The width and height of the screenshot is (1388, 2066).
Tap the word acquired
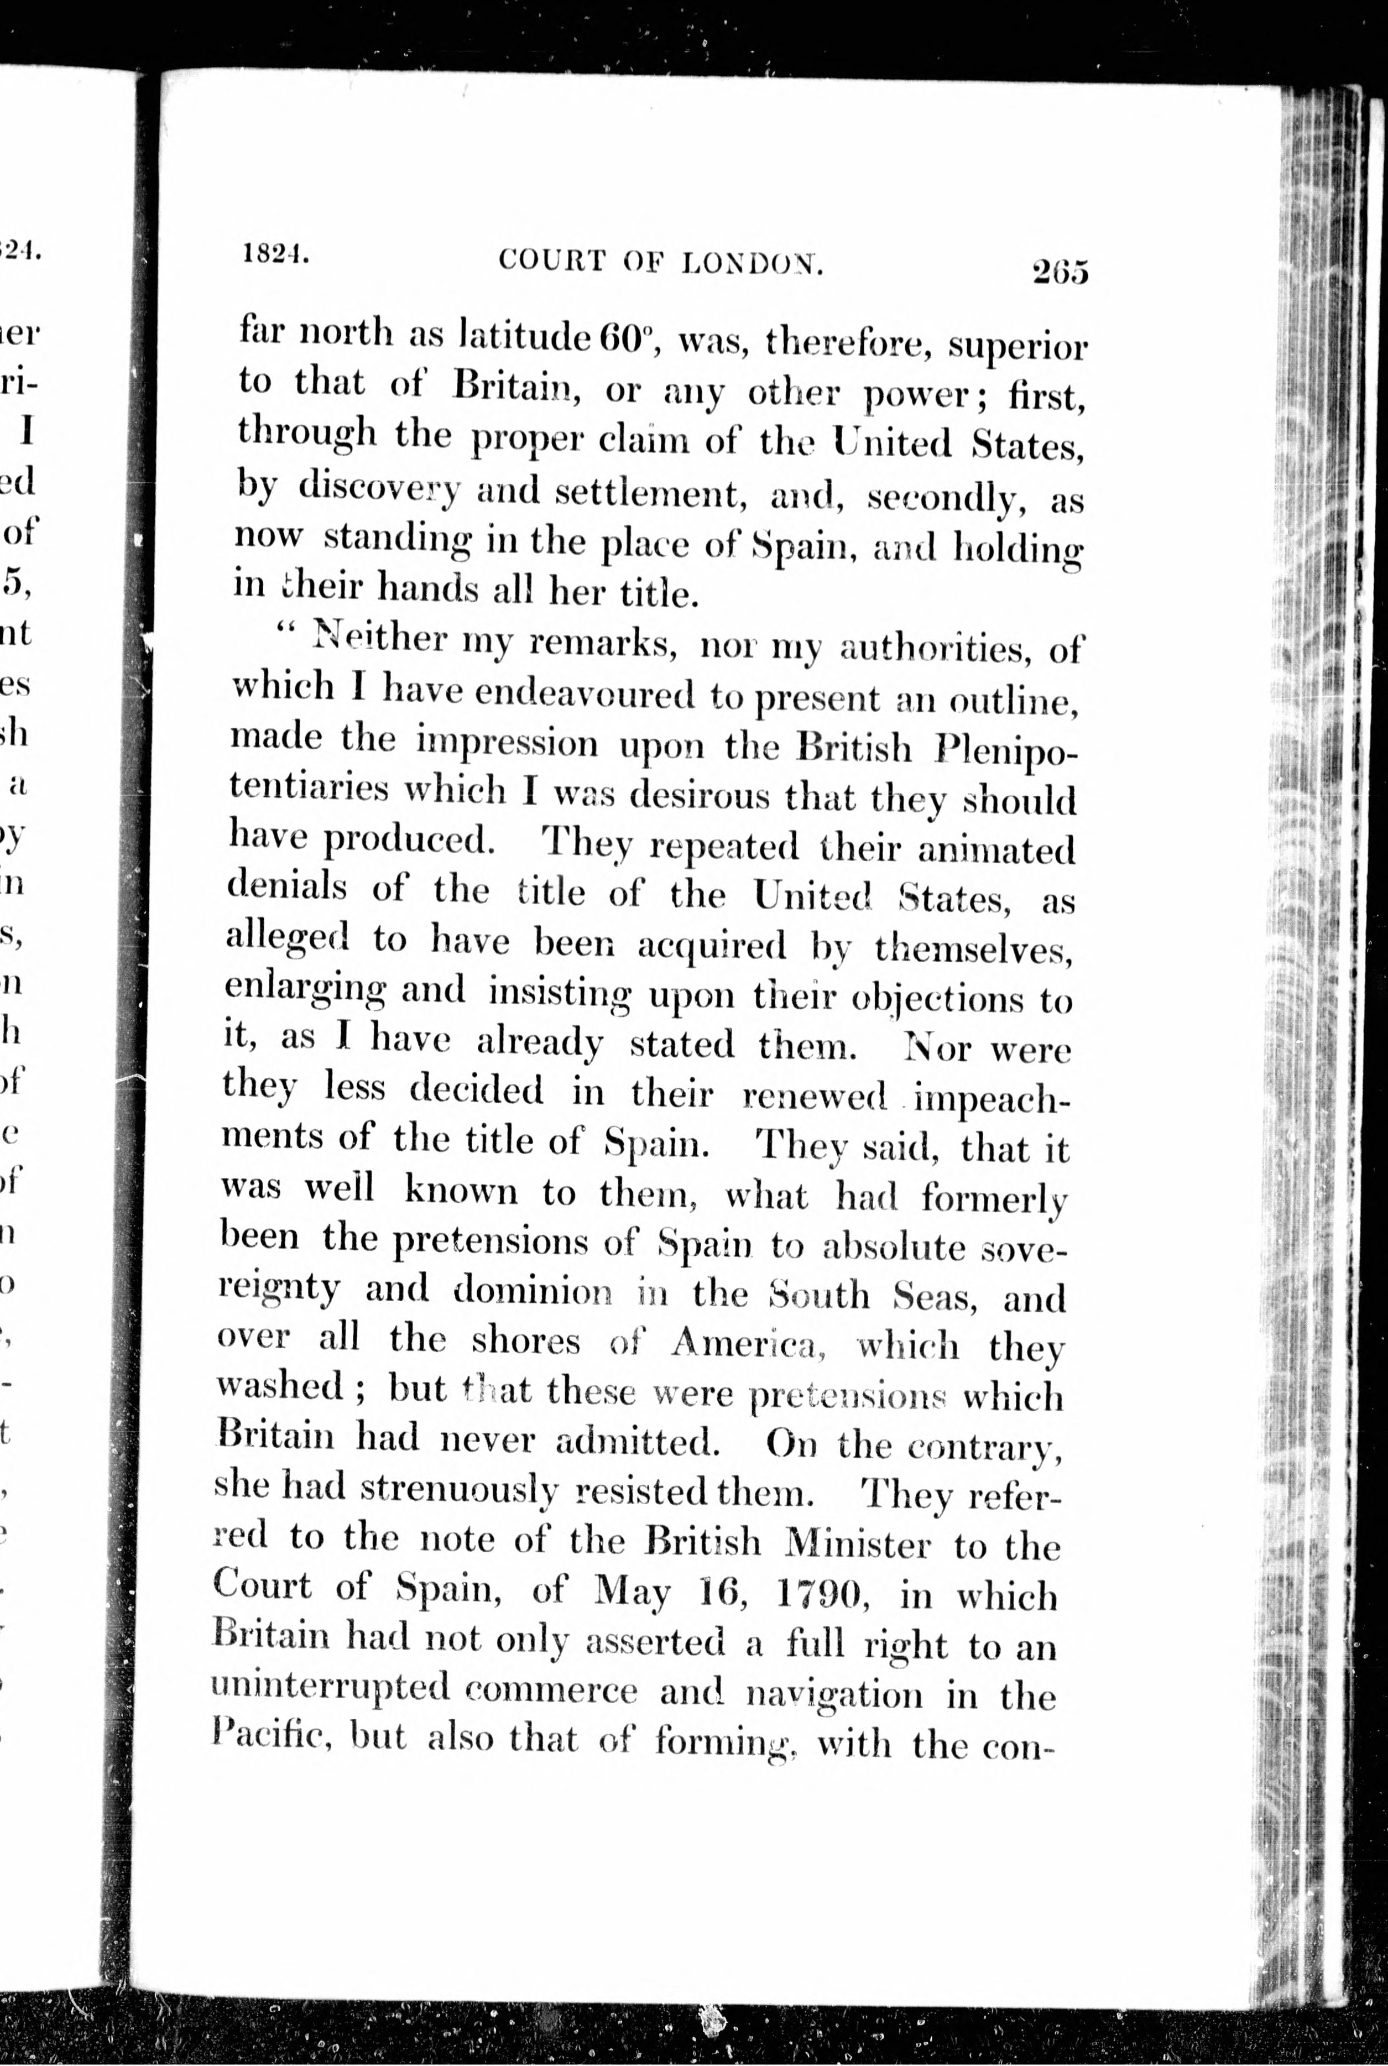712,946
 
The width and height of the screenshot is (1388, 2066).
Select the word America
748,1344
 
